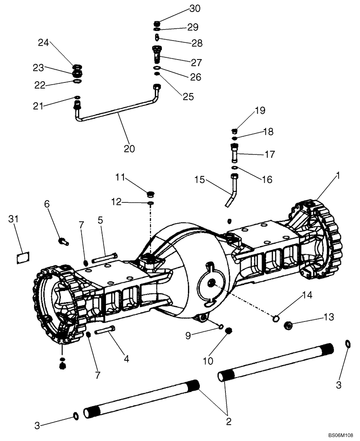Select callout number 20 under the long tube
pos(129,149)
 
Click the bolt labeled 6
pos(63,241)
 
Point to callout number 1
pos(338,175)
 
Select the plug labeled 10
pos(229,331)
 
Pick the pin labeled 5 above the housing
pos(105,256)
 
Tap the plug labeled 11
pos(150,193)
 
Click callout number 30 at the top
pos(195,8)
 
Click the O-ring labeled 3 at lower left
pos(76,415)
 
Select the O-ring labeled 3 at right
pos(348,344)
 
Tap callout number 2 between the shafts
pos(229,421)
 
